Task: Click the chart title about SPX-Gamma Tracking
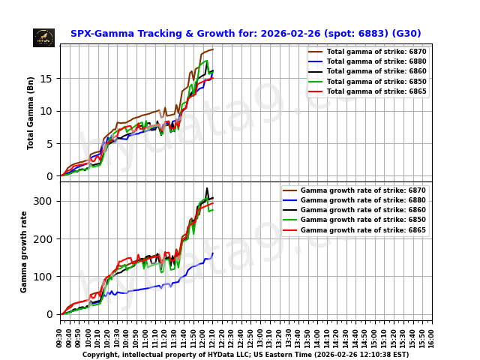[x=245, y=34]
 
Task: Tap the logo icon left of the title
[x=43, y=37]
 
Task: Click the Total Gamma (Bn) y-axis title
[x=31, y=112]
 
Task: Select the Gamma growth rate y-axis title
[x=24, y=251]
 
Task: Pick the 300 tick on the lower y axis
[x=42, y=201]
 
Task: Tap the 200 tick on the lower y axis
[x=42, y=239]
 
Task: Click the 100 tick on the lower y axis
[x=42, y=277]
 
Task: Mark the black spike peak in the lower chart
[x=207, y=188]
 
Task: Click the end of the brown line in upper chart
[x=213, y=49]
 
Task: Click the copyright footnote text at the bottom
[x=245, y=355]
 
